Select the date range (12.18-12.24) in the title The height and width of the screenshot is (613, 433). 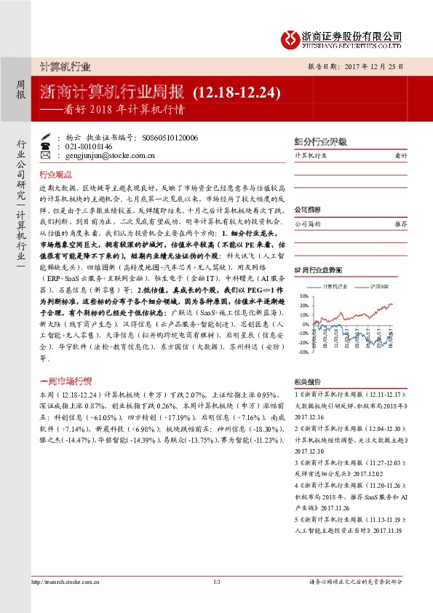click(237, 92)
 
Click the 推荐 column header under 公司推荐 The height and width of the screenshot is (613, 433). click(400, 225)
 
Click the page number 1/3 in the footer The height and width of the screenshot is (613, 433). click(216, 582)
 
